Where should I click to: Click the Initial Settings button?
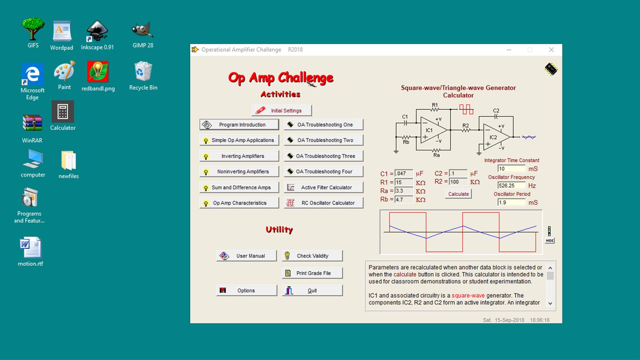coord(282,111)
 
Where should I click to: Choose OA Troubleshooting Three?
coord(324,156)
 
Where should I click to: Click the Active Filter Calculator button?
coord(324,188)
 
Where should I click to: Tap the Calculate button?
coord(458,194)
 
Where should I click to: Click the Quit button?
coord(312,290)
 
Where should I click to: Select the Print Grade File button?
coord(312,273)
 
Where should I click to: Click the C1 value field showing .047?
coord(403,174)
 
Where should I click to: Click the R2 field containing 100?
coord(458,182)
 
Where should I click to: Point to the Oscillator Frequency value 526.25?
coord(511,186)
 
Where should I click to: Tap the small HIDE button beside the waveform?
coord(549,241)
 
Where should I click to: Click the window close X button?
coord(551,50)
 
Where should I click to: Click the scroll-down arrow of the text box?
coord(550,303)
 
